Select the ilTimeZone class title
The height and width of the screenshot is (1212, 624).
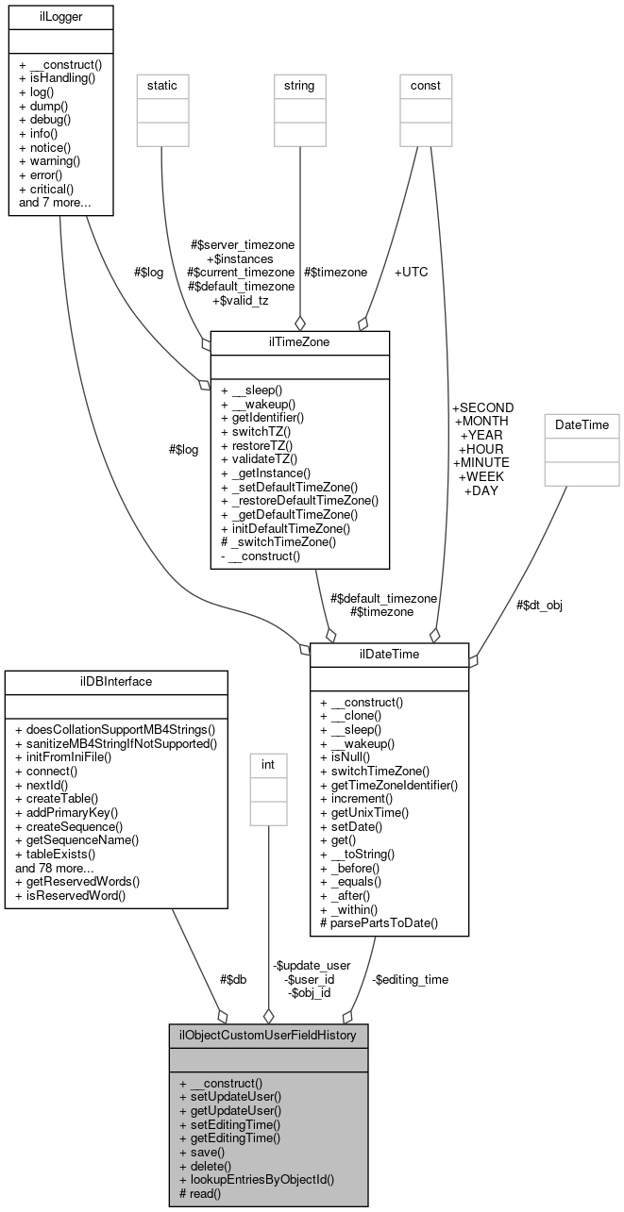tap(299, 341)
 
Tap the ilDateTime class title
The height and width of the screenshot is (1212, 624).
tap(389, 654)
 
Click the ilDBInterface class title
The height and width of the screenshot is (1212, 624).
tap(116, 681)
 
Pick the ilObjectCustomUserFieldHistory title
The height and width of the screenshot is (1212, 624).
tap(268, 1035)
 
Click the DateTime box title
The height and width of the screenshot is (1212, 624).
tap(586, 425)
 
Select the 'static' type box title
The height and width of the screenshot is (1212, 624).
tap(162, 86)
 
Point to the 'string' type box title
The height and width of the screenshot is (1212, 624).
tap(299, 86)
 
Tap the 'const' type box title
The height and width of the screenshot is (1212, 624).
tap(426, 86)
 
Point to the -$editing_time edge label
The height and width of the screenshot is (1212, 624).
tap(410, 979)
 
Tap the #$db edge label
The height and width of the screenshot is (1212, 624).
tap(232, 979)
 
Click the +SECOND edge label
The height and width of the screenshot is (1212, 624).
tap(483, 407)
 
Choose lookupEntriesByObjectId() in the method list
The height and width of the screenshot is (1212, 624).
tap(257, 1179)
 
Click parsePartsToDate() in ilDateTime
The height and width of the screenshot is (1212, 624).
tap(379, 922)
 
